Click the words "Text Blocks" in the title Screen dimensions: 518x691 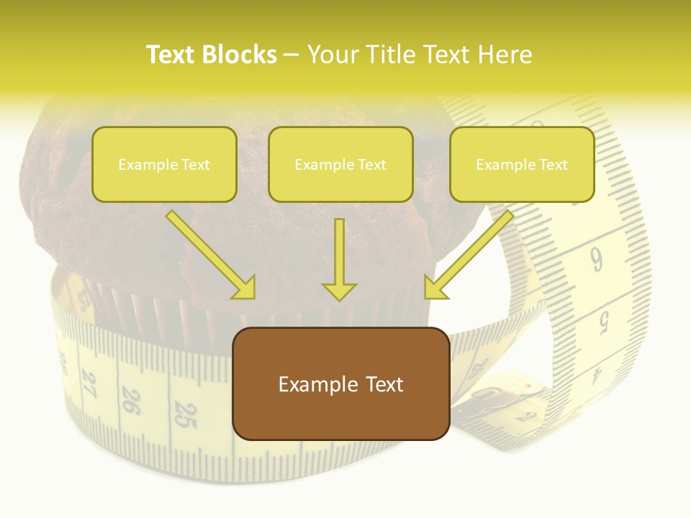point(212,55)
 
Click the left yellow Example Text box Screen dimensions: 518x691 point(164,164)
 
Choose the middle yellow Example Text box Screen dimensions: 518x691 point(340,164)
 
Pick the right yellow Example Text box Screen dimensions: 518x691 point(522,164)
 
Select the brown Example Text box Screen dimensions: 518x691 point(340,383)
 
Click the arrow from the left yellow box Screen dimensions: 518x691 point(211,255)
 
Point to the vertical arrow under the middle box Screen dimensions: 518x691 point(339,260)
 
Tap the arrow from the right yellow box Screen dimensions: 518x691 point(469,255)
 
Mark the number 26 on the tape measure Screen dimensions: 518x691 point(131,401)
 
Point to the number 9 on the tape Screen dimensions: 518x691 point(597,259)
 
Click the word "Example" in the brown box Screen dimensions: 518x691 point(309,383)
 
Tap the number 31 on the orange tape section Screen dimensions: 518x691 point(84,296)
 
